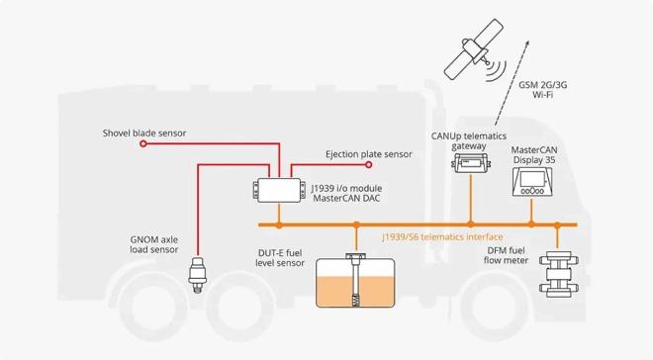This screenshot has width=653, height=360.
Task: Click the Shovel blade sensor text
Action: tap(143, 133)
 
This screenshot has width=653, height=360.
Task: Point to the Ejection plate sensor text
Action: tap(369, 154)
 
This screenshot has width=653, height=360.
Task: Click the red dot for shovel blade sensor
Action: tap(143, 144)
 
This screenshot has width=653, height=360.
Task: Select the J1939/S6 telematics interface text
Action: tap(443, 237)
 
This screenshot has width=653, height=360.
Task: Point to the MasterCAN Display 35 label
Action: tap(540, 154)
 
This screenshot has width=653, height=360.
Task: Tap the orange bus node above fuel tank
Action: tap(354, 225)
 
